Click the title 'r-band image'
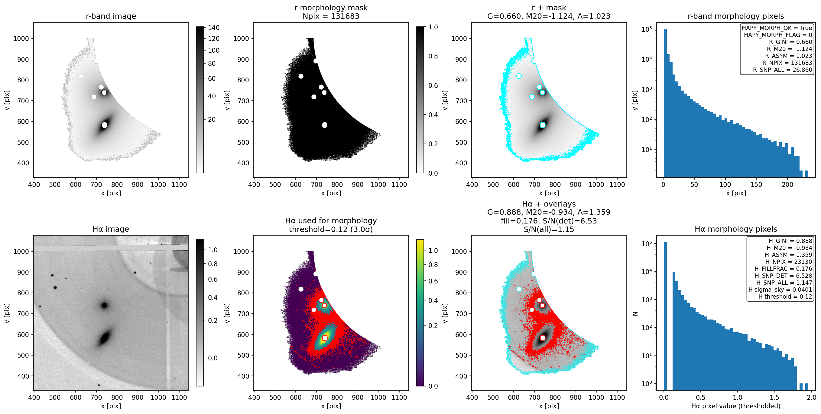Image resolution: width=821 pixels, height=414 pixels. point(111,16)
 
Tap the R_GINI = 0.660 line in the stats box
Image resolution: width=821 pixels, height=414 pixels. point(790,42)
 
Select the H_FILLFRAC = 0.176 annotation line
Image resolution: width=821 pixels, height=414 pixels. point(783,269)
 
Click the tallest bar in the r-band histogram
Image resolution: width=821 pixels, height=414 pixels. point(665,103)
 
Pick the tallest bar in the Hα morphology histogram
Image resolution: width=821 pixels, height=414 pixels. point(665,316)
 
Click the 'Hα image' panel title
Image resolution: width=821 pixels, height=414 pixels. point(111,229)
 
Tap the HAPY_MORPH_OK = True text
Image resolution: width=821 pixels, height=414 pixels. point(777,28)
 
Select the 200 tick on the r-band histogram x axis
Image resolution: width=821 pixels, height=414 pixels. point(787,184)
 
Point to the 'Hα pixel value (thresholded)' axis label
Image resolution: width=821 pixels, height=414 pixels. point(736,406)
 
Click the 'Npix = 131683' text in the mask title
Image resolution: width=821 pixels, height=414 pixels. point(331,16)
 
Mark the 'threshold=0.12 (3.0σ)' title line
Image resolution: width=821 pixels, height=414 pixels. point(331,230)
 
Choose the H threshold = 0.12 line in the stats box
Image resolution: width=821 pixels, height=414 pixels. point(785,296)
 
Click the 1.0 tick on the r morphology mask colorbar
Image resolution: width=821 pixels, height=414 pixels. point(433,27)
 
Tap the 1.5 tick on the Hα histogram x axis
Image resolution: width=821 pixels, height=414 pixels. point(774,397)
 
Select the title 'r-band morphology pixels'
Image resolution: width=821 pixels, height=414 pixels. point(736,16)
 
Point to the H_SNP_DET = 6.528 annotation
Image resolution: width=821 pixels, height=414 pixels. point(784,276)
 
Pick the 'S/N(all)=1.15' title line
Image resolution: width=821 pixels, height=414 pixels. point(549,230)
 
